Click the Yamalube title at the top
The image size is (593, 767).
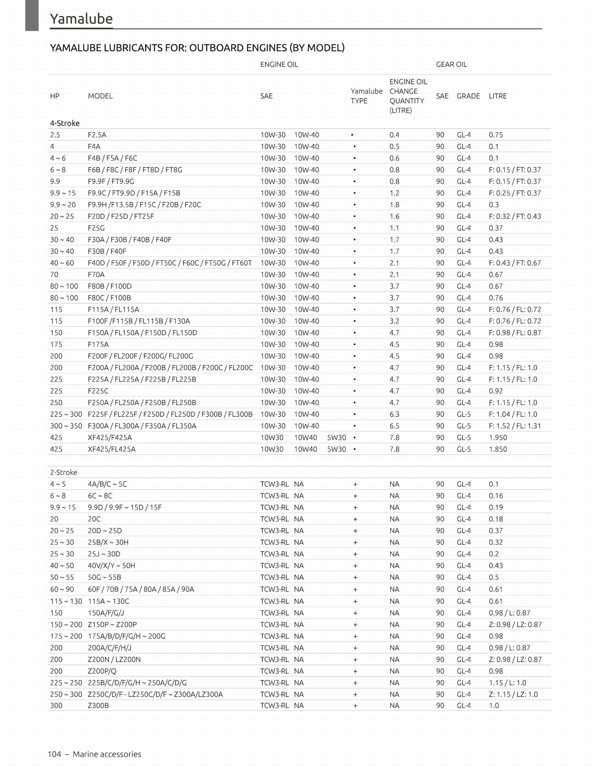pos(81,19)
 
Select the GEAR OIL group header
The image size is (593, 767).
pos(451,64)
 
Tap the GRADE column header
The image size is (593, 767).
pos(468,96)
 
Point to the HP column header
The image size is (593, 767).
pos(55,96)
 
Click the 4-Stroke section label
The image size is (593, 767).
pos(65,123)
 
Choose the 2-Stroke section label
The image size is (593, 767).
pos(64,472)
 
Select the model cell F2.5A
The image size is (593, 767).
pos(97,135)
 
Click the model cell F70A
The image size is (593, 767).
pos(96,275)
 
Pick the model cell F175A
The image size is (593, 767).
pos(98,344)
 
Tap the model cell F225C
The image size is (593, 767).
pos(98,391)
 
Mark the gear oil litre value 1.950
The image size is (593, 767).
pos(498,437)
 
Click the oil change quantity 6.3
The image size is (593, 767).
pos(394,414)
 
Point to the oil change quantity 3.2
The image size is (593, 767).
pos(394,321)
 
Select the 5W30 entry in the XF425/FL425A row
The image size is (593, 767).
pos(337,449)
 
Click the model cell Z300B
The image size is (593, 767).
pos(98,705)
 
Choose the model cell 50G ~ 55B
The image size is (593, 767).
pos(105,577)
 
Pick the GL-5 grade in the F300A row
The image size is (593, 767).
pos(464,426)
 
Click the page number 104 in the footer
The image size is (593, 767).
pos(54,754)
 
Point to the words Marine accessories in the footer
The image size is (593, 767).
pos(107,754)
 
